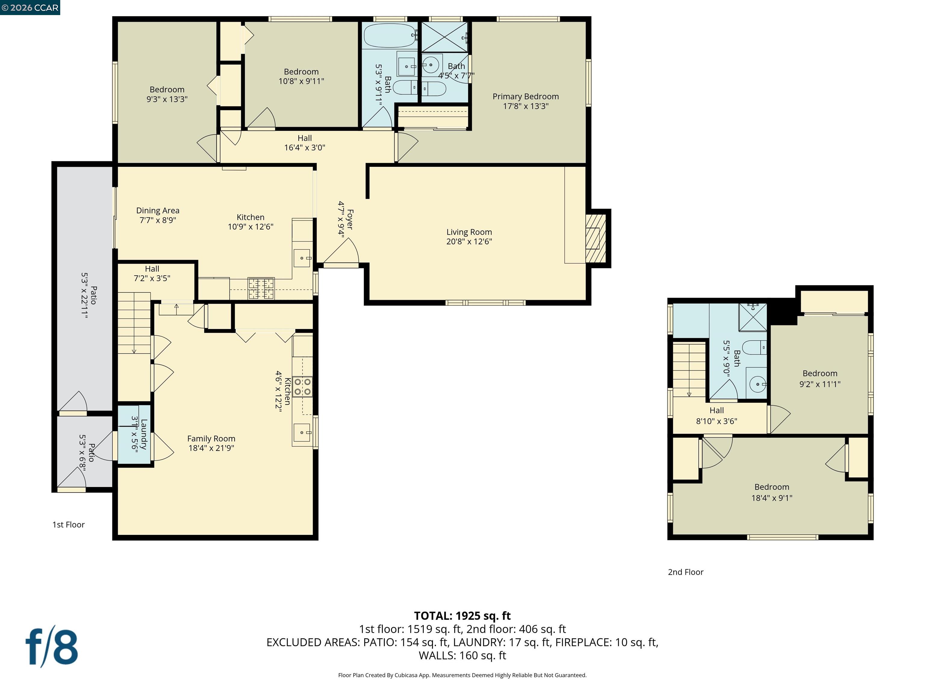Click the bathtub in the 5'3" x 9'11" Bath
[x=389, y=36]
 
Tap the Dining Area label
[x=158, y=211]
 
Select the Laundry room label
[x=143, y=434]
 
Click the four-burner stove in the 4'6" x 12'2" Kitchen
[x=302, y=386]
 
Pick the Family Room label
[x=211, y=438]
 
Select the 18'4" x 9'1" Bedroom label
[x=771, y=487]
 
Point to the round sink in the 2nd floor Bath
[x=757, y=383]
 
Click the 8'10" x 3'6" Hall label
[x=716, y=410]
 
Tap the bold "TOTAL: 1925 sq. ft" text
[x=462, y=616]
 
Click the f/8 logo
[x=52, y=647]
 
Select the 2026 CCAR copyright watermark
[x=30, y=8]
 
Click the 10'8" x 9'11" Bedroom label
[x=301, y=72]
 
